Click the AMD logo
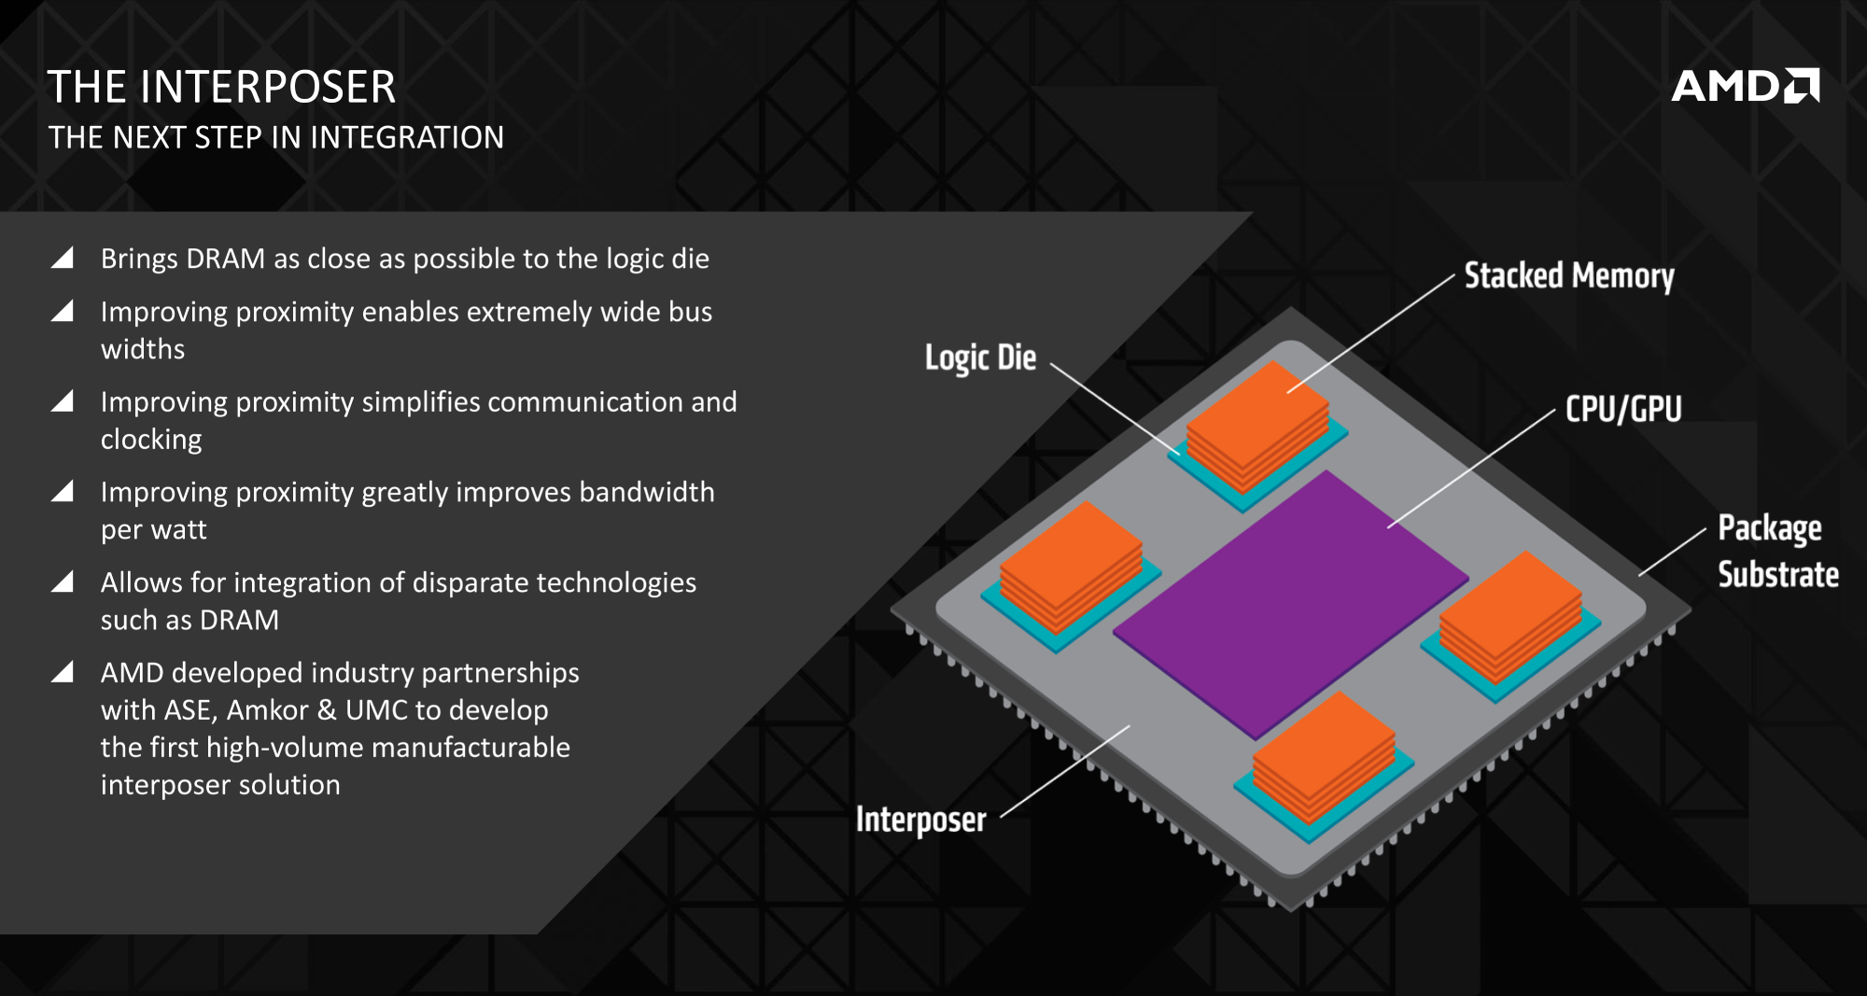tap(1745, 87)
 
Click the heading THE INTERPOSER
tap(222, 88)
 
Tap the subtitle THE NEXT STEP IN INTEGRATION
tap(276, 138)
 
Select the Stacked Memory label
tap(1569, 276)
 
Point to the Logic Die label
tap(980, 358)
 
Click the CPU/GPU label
tap(1623, 409)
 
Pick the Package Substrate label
tap(1777, 551)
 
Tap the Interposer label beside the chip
tap(920, 820)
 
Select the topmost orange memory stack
tap(1257, 425)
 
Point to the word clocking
tap(151, 440)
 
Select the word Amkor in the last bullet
tap(267, 710)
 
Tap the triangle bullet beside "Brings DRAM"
tap(63, 259)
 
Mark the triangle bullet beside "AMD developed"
tap(63, 672)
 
